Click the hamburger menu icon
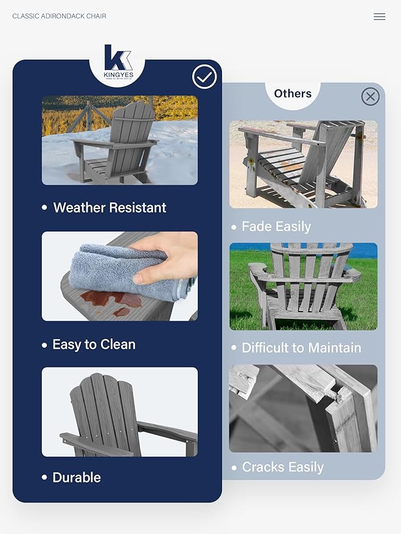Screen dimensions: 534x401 pos(379,17)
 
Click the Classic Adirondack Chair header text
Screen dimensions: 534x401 pos(59,16)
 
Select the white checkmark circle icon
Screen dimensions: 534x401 pos(204,77)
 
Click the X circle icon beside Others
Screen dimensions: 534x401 pos(370,97)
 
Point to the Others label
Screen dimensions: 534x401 pos(293,94)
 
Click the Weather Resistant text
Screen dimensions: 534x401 pos(110,208)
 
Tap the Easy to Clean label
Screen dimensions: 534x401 pos(94,344)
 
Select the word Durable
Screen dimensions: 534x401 pos(77,478)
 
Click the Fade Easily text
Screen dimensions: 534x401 pos(276,227)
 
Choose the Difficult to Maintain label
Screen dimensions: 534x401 pos(301,348)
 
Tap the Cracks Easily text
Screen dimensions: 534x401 pos(282,467)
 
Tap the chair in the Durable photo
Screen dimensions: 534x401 pos(116,416)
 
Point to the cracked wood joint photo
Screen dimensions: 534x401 pos(303,408)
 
